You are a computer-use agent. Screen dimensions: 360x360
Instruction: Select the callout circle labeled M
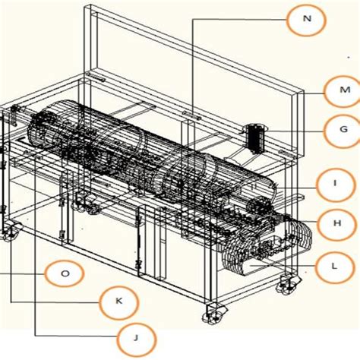[x=339, y=91]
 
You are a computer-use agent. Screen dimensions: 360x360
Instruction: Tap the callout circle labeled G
[x=339, y=131]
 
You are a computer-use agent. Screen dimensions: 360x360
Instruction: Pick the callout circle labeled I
[x=334, y=183]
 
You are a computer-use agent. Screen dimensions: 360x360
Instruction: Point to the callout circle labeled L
[x=334, y=265]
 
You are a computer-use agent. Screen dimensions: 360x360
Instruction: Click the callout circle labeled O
[x=65, y=273]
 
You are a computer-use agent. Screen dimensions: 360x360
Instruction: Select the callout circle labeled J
[x=136, y=337]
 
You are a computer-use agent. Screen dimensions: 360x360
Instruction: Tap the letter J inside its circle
[x=136, y=337]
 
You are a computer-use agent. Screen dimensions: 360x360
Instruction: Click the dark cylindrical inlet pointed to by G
[x=255, y=137]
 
